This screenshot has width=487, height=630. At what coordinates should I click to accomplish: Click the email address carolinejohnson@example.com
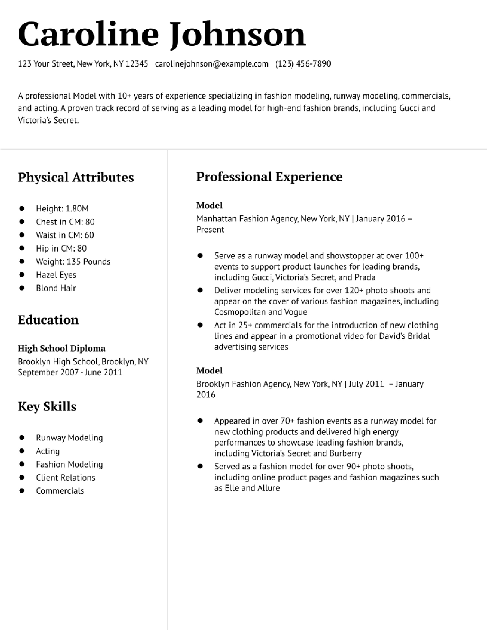pos(211,64)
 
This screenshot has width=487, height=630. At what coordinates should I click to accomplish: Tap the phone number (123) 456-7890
pos(303,64)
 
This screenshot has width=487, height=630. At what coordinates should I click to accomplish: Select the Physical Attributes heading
pos(76,177)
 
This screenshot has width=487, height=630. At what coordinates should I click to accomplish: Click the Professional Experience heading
pos(269,177)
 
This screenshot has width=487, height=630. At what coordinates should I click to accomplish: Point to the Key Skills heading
pos(47,406)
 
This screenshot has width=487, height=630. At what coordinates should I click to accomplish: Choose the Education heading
pos(48,320)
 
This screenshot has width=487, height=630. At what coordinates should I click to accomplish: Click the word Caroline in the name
pos(88,35)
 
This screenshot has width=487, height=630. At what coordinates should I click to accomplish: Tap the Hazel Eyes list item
pos(56,275)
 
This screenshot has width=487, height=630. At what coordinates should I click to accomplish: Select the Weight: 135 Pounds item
pos(73,262)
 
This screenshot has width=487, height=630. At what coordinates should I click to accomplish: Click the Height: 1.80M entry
pos(62,208)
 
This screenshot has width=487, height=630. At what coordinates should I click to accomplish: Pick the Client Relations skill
pos(66,477)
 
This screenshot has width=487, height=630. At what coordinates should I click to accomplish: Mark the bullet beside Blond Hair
pos(22,288)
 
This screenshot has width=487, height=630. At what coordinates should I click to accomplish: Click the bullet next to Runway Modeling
pos(22,438)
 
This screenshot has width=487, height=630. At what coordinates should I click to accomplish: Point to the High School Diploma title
pos(62,348)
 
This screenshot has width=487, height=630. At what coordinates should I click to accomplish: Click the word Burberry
pos(345,453)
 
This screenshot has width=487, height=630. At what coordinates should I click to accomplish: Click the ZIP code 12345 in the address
pos(137,64)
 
